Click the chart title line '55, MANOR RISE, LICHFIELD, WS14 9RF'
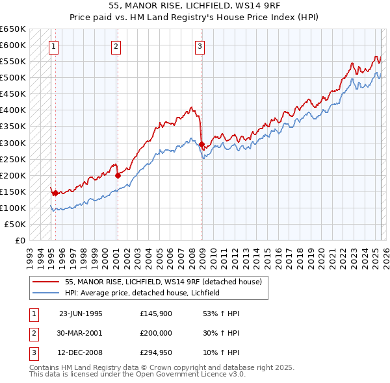195,6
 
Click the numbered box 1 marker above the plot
53,46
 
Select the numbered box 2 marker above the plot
115,46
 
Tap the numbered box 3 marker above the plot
200,46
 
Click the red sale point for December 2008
201,144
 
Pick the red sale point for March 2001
118,175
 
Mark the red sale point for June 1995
55,193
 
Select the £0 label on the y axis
19,240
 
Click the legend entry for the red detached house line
162,282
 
